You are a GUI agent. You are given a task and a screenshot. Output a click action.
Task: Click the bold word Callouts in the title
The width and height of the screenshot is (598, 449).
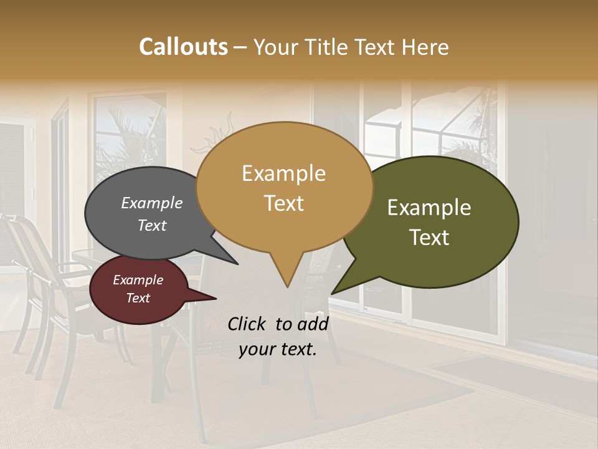pyautogui.click(x=183, y=47)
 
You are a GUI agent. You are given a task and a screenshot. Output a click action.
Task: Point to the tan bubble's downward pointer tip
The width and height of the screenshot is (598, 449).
pyautogui.click(x=287, y=287)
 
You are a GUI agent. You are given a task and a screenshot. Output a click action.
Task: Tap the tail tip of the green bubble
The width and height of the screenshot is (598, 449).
pyautogui.click(x=332, y=293)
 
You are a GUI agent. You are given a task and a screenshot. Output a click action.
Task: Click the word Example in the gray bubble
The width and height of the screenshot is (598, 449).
pyautogui.click(x=152, y=203)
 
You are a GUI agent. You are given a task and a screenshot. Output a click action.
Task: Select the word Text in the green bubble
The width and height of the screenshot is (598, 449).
pyautogui.click(x=429, y=238)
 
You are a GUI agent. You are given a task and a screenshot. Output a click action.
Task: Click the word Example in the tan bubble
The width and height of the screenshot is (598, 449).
pyautogui.click(x=284, y=173)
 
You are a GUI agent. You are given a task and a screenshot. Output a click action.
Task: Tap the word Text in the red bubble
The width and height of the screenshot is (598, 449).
pyautogui.click(x=138, y=298)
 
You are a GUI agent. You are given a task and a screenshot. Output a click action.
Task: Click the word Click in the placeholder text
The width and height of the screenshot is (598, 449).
pyautogui.click(x=248, y=324)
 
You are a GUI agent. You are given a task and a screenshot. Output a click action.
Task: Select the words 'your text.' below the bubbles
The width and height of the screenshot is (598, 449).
pyautogui.click(x=278, y=350)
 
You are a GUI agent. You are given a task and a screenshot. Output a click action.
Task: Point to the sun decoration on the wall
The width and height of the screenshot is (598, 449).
pyautogui.click(x=215, y=137)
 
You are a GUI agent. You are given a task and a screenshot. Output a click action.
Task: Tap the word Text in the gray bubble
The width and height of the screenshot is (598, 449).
pyautogui.click(x=152, y=226)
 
